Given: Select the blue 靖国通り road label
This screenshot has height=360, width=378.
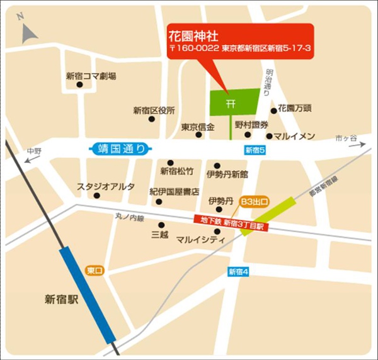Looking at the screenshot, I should click(120, 149).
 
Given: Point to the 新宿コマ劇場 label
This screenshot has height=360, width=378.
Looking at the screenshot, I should click(91, 76).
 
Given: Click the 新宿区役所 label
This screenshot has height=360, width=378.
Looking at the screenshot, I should click(154, 110).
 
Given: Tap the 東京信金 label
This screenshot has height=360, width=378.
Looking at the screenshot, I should click(198, 127).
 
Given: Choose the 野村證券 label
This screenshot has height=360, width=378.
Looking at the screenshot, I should click(252, 125).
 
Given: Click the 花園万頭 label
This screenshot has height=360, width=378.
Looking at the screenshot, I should click(295, 108).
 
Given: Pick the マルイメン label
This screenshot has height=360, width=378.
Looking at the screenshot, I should click(295, 135).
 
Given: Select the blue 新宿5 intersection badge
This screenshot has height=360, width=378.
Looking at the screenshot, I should click(255, 150).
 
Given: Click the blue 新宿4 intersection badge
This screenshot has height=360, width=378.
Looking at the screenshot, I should click(239, 272).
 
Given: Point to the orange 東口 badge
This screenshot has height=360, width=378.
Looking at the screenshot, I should click(95, 271).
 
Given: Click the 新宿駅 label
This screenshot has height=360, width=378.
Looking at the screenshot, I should click(61, 299).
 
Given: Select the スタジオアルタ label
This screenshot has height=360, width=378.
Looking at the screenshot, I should click(97, 186).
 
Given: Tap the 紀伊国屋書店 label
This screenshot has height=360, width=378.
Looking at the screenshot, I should click(174, 191).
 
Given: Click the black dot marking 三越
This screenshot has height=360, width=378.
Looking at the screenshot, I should click(162, 225).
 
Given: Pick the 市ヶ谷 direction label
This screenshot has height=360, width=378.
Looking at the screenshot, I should click(346, 137).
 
